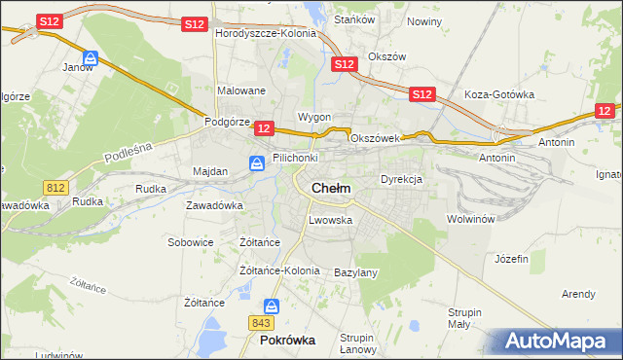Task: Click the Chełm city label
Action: tap(331, 188)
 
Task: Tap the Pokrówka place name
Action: tap(288, 342)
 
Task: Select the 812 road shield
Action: tap(55, 186)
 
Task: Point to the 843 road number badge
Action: tap(260, 322)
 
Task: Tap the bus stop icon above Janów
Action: tap(91, 58)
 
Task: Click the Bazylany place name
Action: tap(355, 272)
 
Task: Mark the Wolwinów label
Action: tap(472, 219)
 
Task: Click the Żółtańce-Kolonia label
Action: tap(279, 270)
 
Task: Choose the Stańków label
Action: tap(348, 18)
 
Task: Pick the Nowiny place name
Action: tap(424, 20)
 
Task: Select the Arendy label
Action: tap(578, 294)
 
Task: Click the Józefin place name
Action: tap(511, 259)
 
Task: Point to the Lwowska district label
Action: tap(330, 220)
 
